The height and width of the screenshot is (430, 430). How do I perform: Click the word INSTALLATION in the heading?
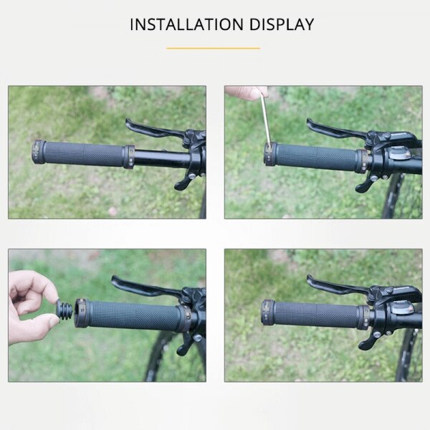pos(186,24)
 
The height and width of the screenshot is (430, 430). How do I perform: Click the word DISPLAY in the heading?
pos(282,24)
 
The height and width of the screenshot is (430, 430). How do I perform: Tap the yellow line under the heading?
pos(214,48)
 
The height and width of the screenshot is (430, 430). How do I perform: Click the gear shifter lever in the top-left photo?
pos(183,182)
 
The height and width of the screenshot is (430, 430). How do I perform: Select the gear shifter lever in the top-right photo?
pos(366,184)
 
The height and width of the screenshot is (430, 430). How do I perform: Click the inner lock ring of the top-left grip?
pos(129,156)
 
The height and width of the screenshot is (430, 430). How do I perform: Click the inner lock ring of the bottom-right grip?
pos(363,317)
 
